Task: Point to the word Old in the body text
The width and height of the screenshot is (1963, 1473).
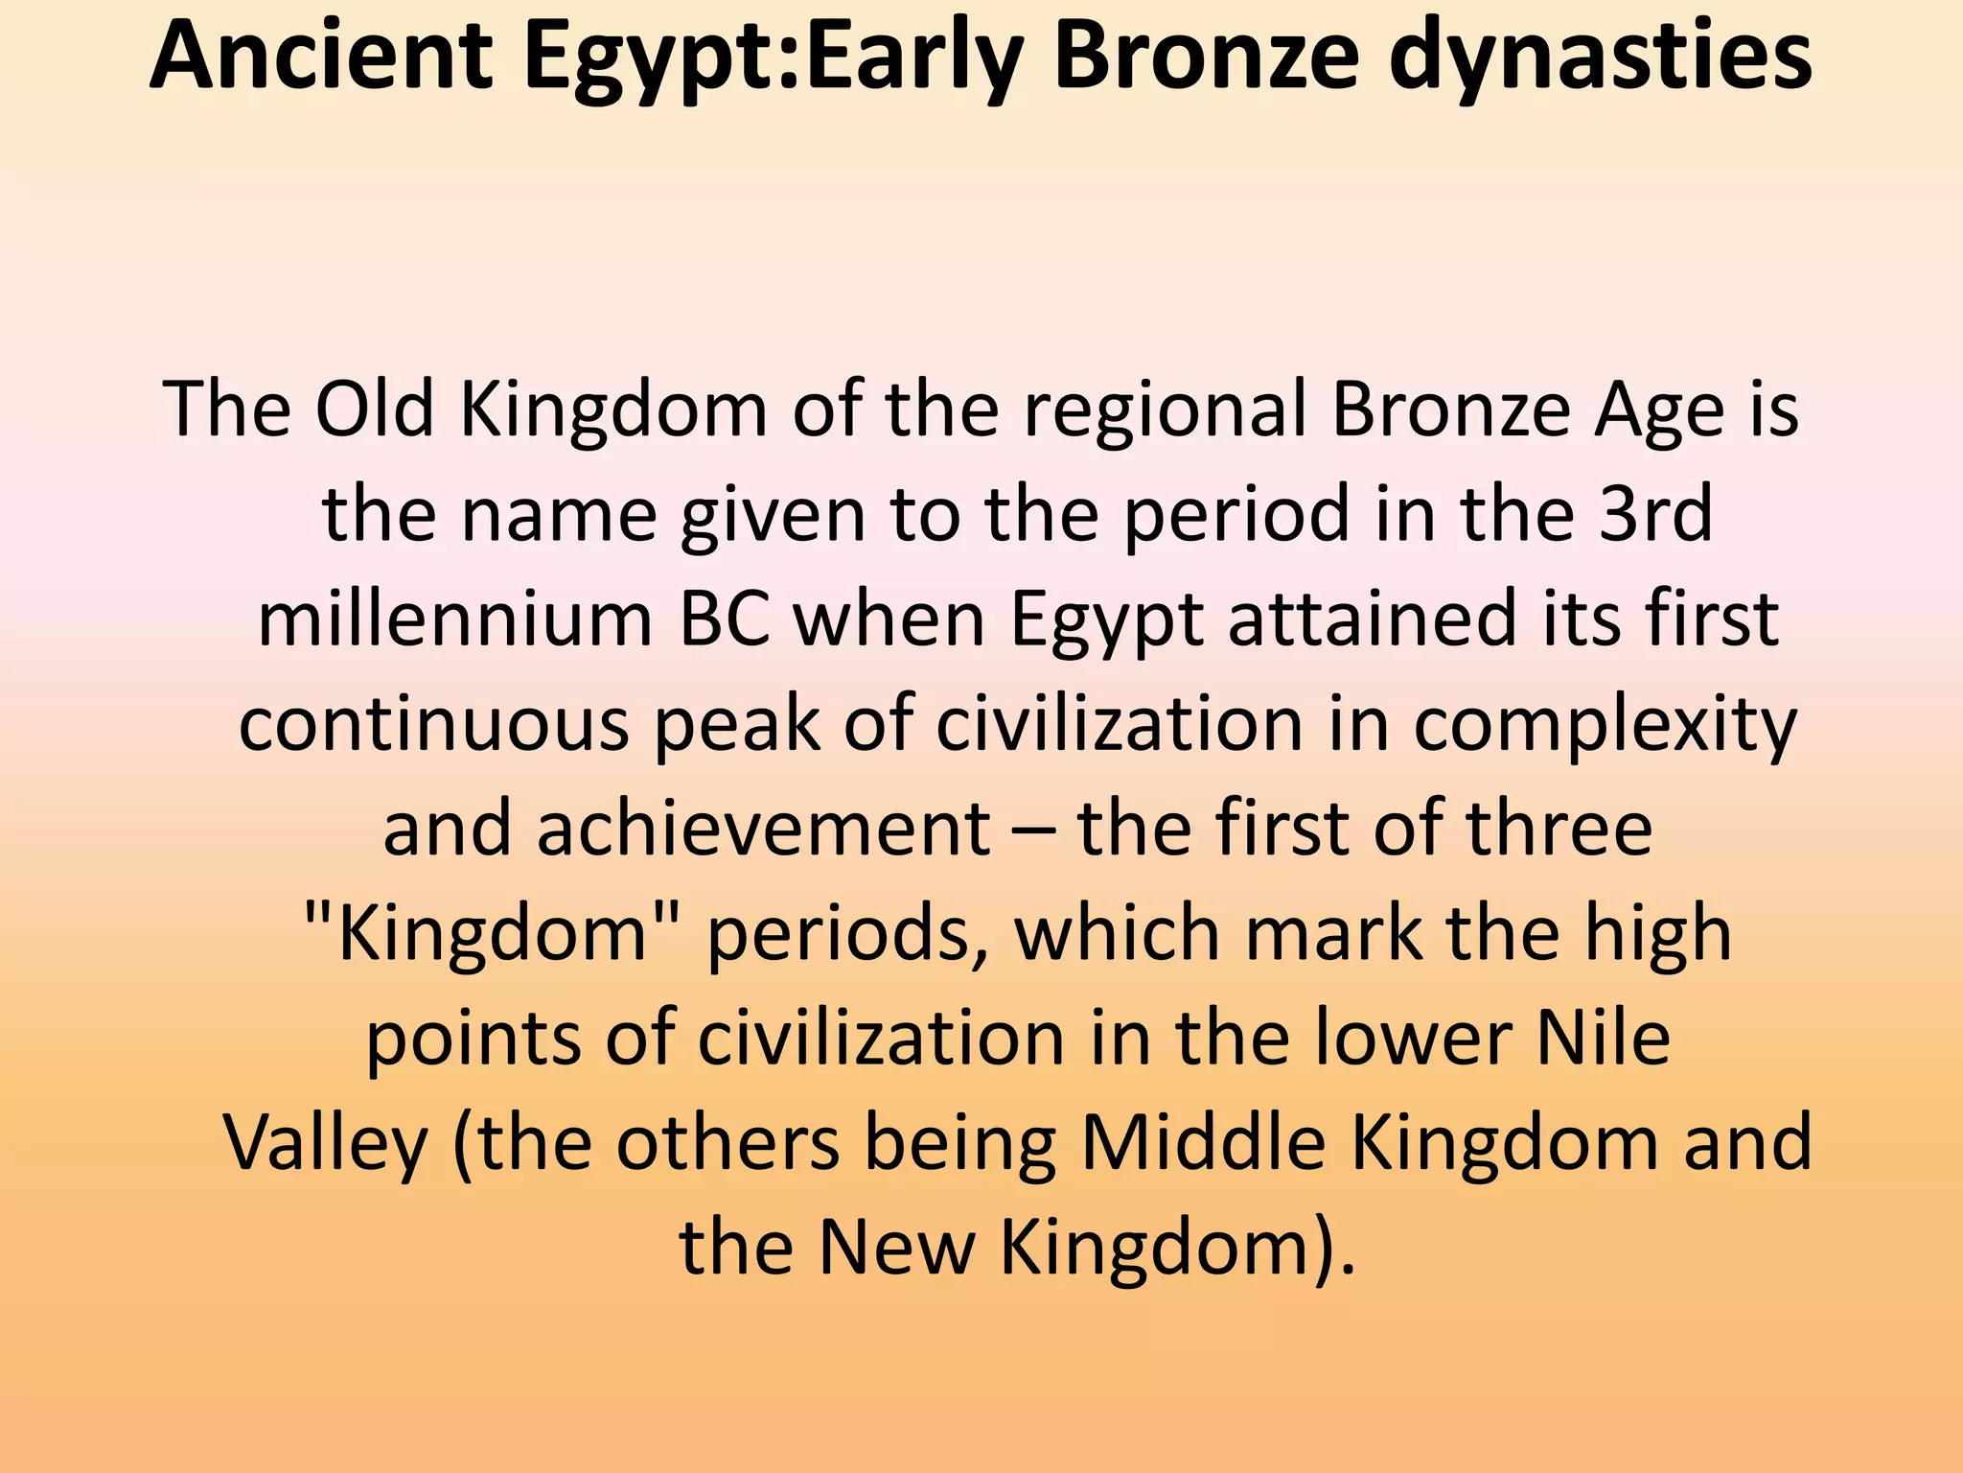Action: point(375,409)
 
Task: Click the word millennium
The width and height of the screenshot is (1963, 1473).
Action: point(455,619)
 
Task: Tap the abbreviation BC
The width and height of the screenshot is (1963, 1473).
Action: point(725,619)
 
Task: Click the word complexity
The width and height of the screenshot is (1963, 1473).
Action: point(1605,724)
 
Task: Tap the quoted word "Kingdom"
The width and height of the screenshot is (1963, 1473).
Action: point(494,933)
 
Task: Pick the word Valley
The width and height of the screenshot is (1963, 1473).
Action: point(325,1143)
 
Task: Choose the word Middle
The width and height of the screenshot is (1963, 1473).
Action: point(1203,1143)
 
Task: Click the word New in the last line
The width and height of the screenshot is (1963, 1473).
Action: point(896,1248)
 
